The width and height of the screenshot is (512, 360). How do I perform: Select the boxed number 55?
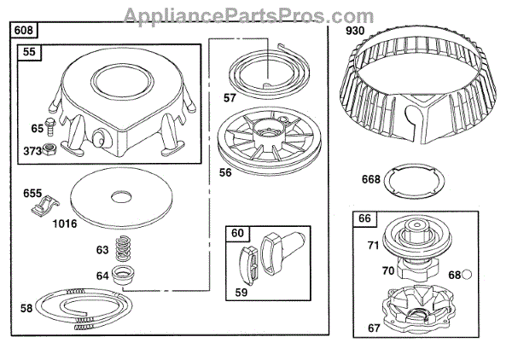click(x=29, y=53)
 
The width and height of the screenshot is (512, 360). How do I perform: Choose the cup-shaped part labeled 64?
click(x=126, y=278)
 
